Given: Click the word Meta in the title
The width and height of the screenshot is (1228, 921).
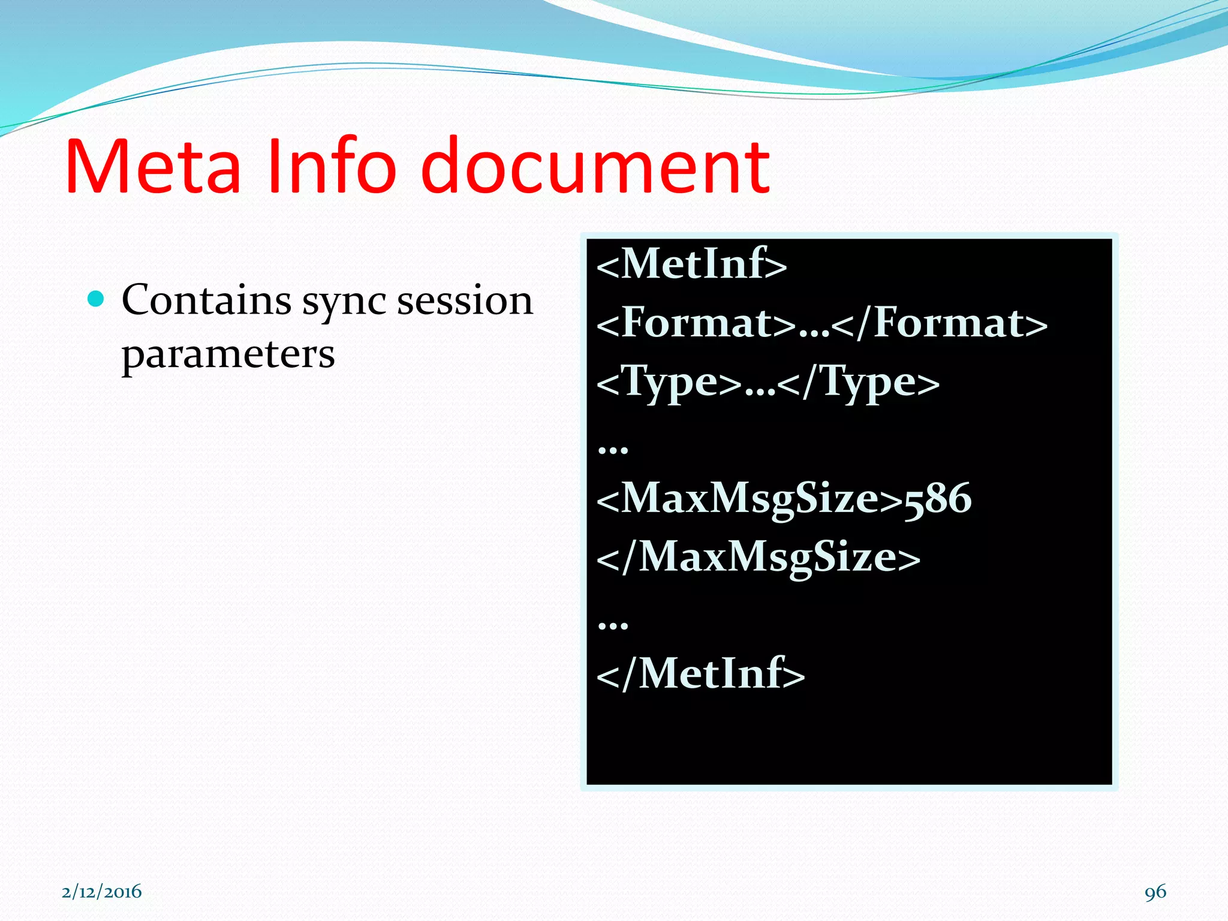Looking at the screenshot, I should [x=153, y=167].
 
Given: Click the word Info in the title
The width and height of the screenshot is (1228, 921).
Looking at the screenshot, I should [x=331, y=167].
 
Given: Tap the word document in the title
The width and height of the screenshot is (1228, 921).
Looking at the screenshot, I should [x=595, y=167].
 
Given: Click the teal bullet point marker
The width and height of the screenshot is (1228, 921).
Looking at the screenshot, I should [x=95, y=298].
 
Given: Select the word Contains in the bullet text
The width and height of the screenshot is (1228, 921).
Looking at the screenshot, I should [x=206, y=300].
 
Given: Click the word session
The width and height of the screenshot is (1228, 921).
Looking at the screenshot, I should [x=465, y=300].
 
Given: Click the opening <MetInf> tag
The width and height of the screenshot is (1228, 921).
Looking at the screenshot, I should [x=691, y=264].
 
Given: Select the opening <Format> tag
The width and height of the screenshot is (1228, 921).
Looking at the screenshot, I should [x=696, y=323].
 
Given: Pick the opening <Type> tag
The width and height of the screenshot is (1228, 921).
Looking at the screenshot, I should [x=669, y=383].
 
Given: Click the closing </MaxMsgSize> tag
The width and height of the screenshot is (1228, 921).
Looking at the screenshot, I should [x=758, y=557].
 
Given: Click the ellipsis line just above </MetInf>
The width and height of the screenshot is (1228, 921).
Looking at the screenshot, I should [x=613, y=624].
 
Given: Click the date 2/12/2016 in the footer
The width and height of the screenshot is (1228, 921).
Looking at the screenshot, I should [x=102, y=892].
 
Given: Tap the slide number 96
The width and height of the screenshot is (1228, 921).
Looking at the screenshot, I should [x=1155, y=892].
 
